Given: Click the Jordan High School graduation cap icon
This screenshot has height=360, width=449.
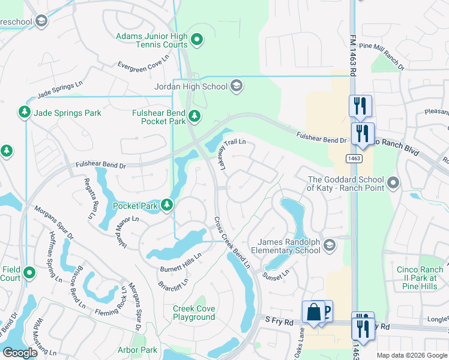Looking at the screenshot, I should click(x=237, y=86).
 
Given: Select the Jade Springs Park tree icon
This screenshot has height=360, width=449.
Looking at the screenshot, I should click(x=25, y=112).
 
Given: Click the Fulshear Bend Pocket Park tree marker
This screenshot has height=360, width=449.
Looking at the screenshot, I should click(x=194, y=116).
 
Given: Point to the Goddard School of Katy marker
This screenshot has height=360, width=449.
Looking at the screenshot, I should click(x=394, y=181).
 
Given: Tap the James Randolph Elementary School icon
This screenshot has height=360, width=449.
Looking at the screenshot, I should click(x=329, y=244).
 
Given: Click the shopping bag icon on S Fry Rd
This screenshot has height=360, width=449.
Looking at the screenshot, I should click(x=313, y=312).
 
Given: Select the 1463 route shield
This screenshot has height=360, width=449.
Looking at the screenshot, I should click(x=353, y=158).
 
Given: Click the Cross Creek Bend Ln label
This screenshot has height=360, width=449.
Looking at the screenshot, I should click(x=232, y=243).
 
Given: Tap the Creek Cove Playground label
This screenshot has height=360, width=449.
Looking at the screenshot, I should click(x=194, y=313).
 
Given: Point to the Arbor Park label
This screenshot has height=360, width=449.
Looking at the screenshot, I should click(x=137, y=350).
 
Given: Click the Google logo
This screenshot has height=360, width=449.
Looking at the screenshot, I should click(x=20, y=353).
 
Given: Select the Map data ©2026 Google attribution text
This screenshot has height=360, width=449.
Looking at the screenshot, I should click(x=411, y=355).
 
